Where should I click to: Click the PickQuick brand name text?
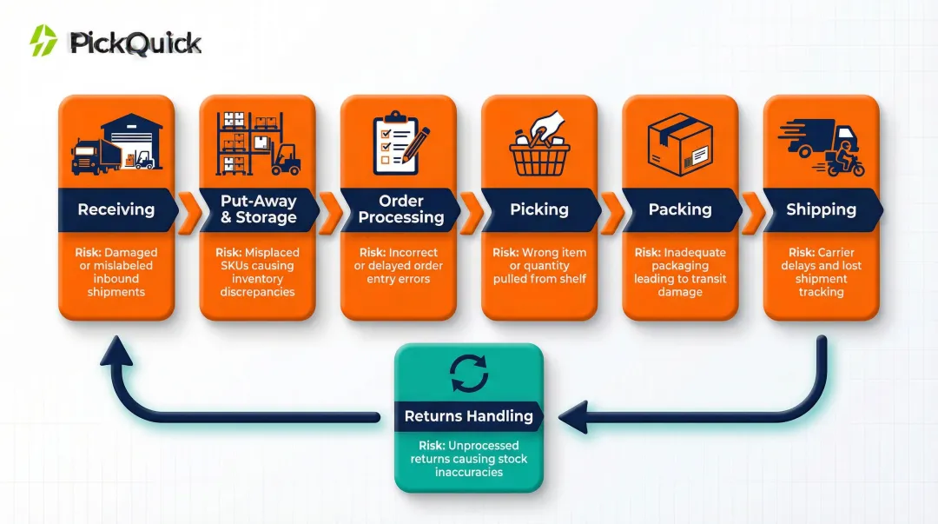(135, 43)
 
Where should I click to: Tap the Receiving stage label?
(116, 209)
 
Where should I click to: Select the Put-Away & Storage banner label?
(258, 209)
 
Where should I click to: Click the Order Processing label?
(400, 209)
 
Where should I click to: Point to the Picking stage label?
(539, 209)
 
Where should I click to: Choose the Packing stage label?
(680, 209)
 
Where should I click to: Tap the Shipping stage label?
(821, 209)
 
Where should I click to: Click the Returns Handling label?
(468, 416)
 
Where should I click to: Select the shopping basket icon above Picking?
(539, 148)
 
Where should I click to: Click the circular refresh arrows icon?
(469, 374)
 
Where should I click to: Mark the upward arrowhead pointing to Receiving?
(116, 349)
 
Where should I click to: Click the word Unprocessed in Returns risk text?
(483, 446)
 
